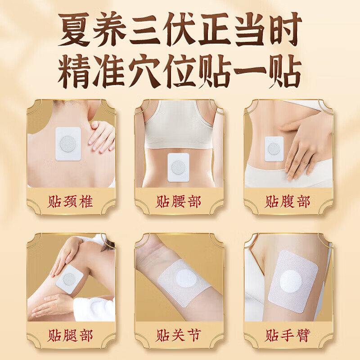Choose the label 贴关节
tap(179, 335)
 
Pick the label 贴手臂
tap(288, 335)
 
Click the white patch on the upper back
tap(67, 143)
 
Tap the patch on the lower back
tap(178, 167)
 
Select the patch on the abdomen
tap(274, 148)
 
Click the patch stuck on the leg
tap(70, 279)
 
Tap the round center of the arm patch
tap(290, 281)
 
